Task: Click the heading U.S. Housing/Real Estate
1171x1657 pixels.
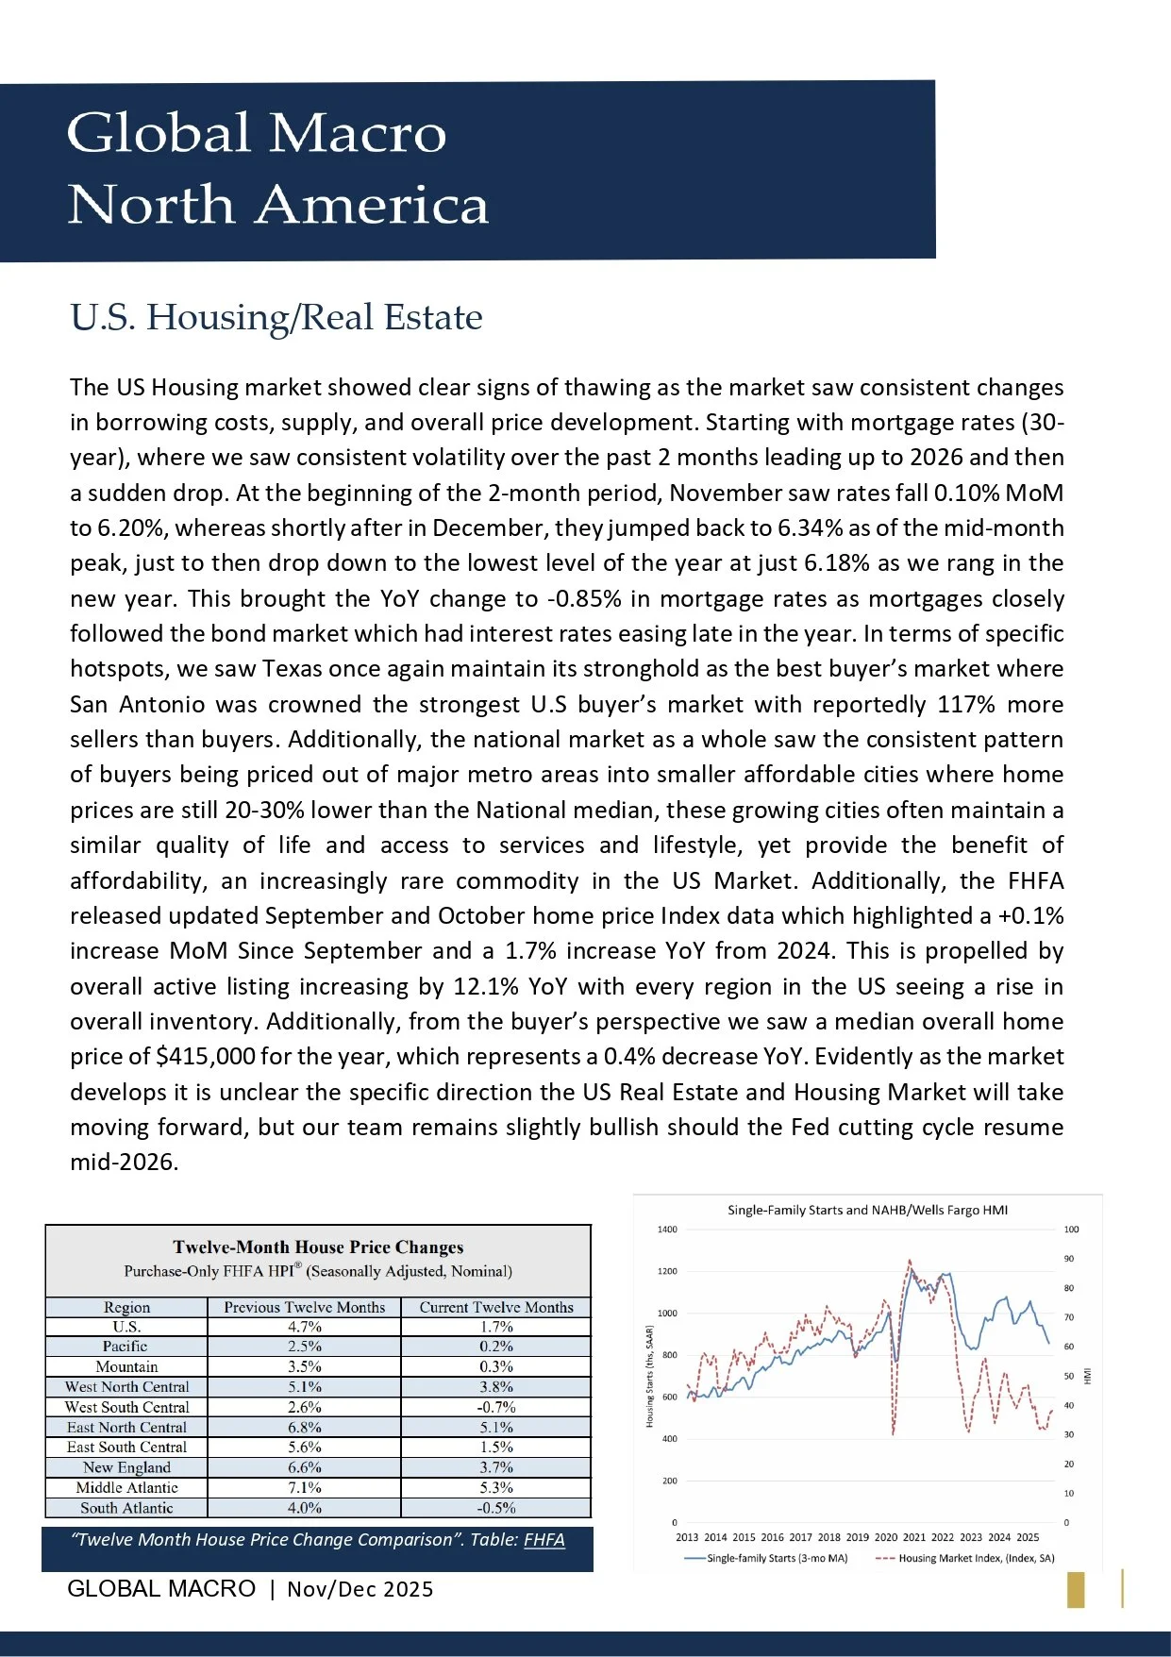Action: coord(276,317)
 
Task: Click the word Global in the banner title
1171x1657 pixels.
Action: coord(159,133)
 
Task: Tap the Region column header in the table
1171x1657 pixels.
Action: coord(126,1307)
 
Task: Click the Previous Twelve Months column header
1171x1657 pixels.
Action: coord(304,1307)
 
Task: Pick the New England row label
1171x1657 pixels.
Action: coord(126,1467)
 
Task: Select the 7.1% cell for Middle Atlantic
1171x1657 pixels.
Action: coord(304,1487)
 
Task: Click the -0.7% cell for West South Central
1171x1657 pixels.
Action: coord(495,1407)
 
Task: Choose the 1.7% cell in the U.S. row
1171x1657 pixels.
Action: coord(495,1327)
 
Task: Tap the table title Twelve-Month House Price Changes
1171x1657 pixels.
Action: coord(318,1247)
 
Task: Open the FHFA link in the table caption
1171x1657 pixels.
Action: coord(544,1539)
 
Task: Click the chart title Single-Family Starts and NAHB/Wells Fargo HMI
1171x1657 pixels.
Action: coord(867,1210)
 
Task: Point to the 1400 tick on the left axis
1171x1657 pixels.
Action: coord(667,1230)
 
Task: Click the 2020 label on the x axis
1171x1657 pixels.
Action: coord(886,1537)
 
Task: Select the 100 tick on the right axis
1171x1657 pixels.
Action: coord(1071,1230)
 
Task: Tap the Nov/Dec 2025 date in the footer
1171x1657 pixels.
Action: coord(360,1589)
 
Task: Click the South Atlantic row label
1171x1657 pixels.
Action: coord(126,1508)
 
